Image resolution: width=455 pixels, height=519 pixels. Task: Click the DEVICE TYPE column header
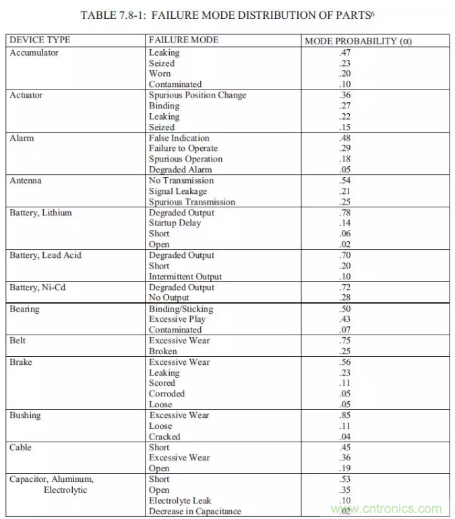pos(40,40)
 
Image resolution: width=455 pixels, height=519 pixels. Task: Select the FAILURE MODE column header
pos(183,40)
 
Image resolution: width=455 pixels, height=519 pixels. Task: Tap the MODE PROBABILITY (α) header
pos(358,41)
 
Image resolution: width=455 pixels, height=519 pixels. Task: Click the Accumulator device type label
pos(34,52)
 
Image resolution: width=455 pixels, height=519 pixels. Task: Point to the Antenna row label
pos(26,180)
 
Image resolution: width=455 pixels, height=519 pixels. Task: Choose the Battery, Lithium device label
pos(40,213)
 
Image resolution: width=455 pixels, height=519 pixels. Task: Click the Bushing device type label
pos(25,415)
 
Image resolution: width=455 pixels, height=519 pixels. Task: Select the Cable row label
pos(21,448)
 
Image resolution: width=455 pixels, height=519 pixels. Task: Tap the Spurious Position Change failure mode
pos(198,95)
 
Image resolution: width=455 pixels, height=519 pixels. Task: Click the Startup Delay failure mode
pos(175,223)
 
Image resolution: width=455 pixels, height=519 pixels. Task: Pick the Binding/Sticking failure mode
pos(181,309)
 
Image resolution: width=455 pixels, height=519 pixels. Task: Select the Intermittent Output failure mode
pos(185,277)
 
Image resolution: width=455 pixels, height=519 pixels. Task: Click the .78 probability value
pos(346,213)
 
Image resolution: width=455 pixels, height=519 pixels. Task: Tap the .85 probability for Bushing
pos(346,415)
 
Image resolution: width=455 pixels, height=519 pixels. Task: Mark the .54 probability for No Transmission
pos(346,180)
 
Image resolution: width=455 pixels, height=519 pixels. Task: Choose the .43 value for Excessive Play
pos(346,319)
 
